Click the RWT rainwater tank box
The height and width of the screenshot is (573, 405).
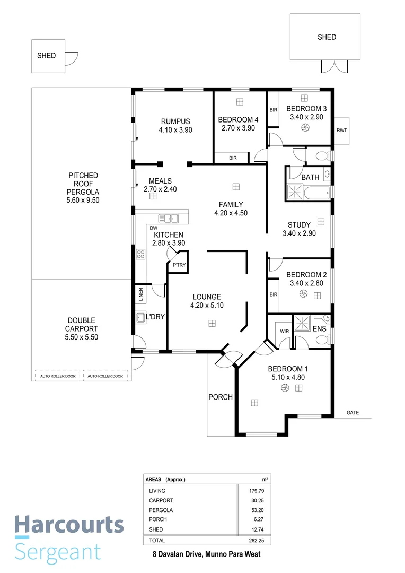[342, 130]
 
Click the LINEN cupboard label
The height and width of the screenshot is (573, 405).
[141, 295]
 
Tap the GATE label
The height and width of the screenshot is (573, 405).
[353, 412]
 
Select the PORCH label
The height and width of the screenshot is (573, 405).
[220, 397]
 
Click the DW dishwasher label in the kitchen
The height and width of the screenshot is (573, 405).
[154, 228]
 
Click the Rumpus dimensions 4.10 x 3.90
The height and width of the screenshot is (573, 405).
[175, 129]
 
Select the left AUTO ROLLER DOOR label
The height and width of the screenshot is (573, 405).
[58, 376]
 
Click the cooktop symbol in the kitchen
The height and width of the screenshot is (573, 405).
[141, 254]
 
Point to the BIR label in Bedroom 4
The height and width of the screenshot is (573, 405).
[233, 158]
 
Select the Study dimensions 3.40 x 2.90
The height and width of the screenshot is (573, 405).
[299, 233]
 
